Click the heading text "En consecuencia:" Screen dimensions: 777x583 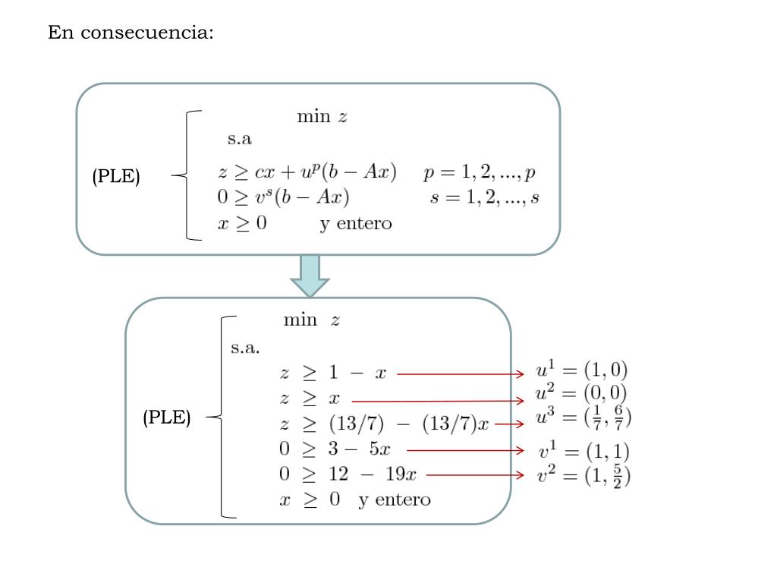click(131, 33)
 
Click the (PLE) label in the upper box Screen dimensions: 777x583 click(116, 177)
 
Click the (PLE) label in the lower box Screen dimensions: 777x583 click(167, 418)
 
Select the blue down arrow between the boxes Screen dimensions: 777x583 click(310, 276)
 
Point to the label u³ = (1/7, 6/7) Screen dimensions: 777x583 click(584, 418)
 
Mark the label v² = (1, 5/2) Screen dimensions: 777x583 click(584, 476)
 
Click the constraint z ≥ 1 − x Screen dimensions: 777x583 click(333, 373)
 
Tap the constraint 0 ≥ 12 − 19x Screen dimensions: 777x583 click(348, 474)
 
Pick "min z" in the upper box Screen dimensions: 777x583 click(322, 117)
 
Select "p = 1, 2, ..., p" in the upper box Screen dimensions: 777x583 click(480, 172)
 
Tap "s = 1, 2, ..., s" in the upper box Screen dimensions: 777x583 click(483, 197)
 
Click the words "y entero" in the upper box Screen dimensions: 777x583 click(355, 223)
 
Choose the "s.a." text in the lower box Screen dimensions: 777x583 click(245, 348)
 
